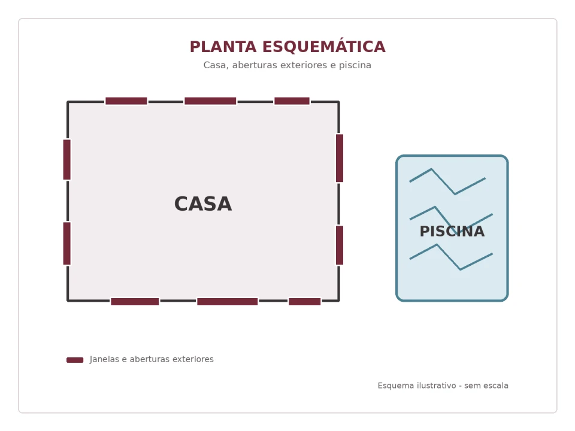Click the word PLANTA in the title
(223, 47)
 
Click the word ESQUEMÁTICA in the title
(324, 46)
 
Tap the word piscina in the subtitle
(355, 65)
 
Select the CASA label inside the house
(203, 204)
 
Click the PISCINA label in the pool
(452, 231)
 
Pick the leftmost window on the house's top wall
(126, 101)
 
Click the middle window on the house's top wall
(210, 101)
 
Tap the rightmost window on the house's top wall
(292, 101)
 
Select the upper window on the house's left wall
(66, 159)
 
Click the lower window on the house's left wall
(66, 244)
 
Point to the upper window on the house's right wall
(340, 158)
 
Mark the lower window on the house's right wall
(340, 245)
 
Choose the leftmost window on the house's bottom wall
(135, 302)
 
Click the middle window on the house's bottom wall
(228, 302)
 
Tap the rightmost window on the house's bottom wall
(305, 302)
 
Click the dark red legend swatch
(75, 360)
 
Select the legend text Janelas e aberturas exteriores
(152, 359)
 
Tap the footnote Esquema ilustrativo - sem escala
(443, 386)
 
